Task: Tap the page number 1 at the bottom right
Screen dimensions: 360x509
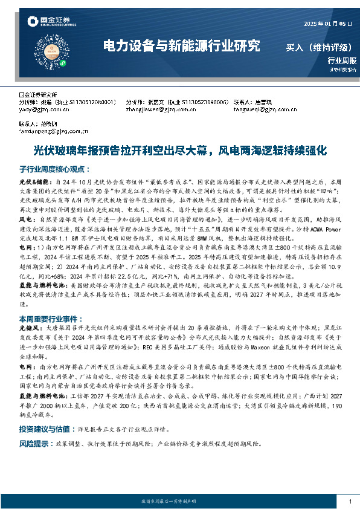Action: [x=350, y=502]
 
